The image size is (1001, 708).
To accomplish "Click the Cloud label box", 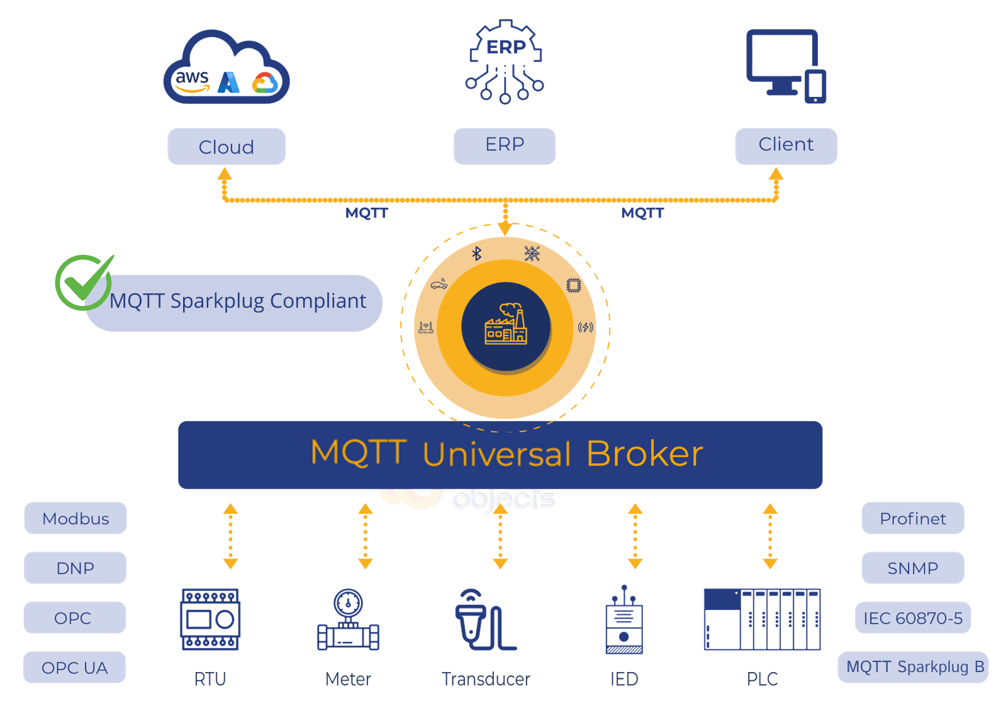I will pos(226,147).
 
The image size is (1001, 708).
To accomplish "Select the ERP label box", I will pos(505,146).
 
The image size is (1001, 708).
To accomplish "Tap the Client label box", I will pos(786,146).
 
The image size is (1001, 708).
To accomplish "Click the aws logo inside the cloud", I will pos(192,80).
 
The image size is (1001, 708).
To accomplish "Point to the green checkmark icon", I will pos(84,283).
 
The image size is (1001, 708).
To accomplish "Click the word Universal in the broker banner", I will pos(496,454).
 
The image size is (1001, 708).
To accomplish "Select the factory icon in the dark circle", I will pos(506,325).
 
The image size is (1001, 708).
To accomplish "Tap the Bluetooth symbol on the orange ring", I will pos(477,253).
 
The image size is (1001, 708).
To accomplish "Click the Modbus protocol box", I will pos(75,519).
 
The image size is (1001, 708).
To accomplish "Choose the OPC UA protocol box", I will pos(74,668).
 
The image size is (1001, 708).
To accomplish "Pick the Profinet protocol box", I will pos(912,519).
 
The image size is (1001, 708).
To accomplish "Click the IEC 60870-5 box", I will pos(912,618).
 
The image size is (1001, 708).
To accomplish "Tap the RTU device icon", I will pos(210,619).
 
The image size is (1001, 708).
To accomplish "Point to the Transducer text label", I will pos(486,679).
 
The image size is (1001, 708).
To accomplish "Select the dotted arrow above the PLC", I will pos(770,536).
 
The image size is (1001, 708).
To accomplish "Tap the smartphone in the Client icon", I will pos(815,87).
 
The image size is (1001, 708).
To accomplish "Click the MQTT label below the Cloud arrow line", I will pos(367,213).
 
